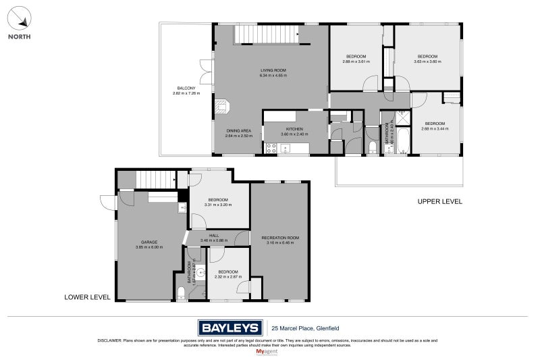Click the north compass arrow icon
click(x=19, y=16)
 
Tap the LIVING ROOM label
click(x=273, y=70)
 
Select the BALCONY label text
click(x=186, y=88)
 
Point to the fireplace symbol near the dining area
click(x=222, y=105)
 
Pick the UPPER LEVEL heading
click(x=439, y=201)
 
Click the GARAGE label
click(x=148, y=242)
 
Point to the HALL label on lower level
click(x=214, y=235)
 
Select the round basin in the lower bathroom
click(x=200, y=271)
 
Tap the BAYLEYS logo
click(x=230, y=328)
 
